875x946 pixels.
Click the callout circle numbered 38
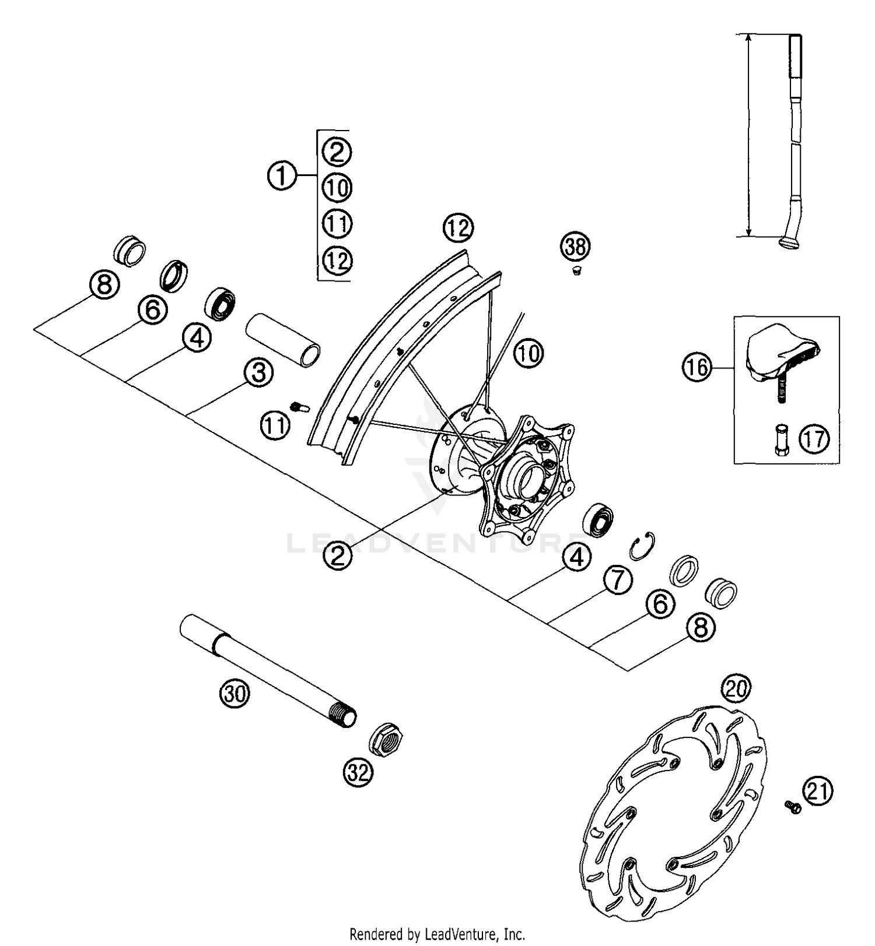click(575, 247)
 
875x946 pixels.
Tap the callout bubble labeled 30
click(235, 694)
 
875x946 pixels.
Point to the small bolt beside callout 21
click(793, 806)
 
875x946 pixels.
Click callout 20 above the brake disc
click(736, 690)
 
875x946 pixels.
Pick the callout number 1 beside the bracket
click(282, 175)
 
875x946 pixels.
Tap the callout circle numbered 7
click(618, 579)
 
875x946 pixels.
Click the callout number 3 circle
click(258, 372)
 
